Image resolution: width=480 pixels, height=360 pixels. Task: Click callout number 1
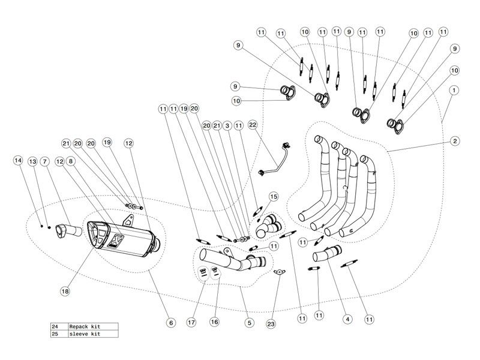coord(454,89)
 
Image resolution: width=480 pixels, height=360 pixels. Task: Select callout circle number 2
coord(455,141)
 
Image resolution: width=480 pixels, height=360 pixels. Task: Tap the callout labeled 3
coord(227,126)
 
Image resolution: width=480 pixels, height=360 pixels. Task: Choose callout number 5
coord(248,322)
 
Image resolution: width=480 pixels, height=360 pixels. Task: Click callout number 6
coord(170,323)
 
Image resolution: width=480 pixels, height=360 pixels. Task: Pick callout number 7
coord(46,161)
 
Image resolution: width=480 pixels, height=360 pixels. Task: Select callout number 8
coord(71,161)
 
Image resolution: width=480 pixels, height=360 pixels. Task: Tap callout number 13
coord(32,161)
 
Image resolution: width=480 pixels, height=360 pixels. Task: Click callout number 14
coord(19,161)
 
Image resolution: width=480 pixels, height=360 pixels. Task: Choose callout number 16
coord(214,322)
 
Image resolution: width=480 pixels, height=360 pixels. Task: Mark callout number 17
coord(191,322)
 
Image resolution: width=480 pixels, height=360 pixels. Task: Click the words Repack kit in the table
coord(85,326)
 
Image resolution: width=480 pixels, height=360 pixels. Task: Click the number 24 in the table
coord(56,326)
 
